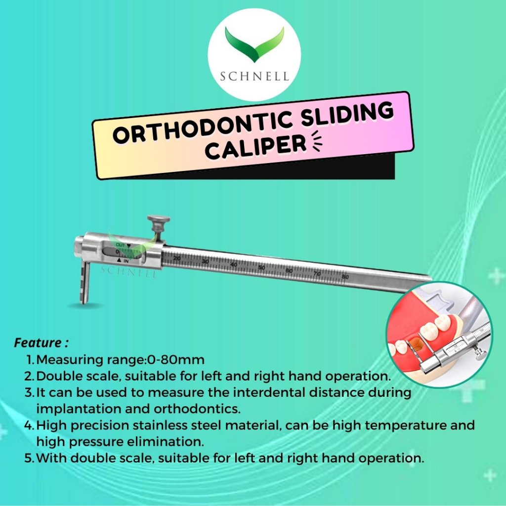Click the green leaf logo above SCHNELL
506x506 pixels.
(x=254, y=44)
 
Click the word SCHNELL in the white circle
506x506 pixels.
(x=254, y=77)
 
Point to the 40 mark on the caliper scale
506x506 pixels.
(x=234, y=265)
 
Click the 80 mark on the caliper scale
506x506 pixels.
(x=345, y=277)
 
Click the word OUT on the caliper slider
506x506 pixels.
(x=120, y=245)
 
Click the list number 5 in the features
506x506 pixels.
(x=28, y=458)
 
